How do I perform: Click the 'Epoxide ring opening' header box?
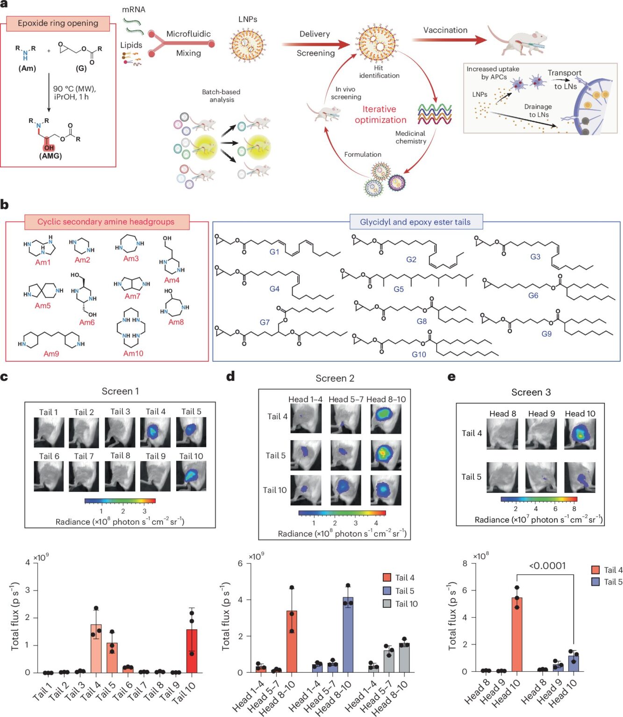58,23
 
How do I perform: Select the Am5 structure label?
43,306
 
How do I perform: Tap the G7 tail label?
265,322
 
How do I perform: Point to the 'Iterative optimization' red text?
380,114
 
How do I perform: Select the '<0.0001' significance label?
547,566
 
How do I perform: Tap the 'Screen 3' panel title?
531,392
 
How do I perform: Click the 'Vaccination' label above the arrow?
445,30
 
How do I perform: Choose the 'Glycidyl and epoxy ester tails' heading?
415,222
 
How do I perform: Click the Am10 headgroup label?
133,353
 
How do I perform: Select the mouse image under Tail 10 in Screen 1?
191,476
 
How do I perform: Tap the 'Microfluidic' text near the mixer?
188,34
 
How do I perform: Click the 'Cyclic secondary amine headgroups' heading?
106,222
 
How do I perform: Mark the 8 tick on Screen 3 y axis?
465,563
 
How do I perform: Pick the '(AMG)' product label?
50,155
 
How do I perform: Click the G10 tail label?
419,354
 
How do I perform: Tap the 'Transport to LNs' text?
565,79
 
